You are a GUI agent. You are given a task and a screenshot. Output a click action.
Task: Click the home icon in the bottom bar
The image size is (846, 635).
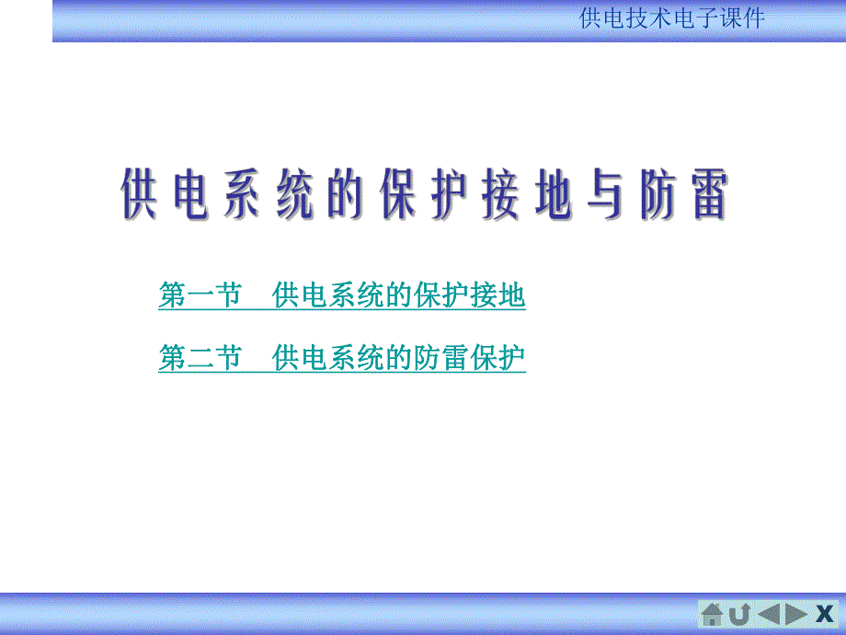[712, 612]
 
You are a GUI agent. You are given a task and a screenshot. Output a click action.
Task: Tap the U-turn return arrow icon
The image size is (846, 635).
[739, 612]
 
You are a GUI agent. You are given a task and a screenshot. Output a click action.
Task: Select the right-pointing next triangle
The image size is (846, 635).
[797, 612]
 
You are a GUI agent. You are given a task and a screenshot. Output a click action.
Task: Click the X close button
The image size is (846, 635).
[824, 612]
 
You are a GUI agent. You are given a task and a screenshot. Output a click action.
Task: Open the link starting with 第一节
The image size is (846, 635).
[342, 295]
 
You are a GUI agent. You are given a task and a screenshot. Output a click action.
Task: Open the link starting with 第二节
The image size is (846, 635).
[342, 358]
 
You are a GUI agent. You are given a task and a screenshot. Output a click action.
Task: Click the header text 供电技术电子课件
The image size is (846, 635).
[672, 18]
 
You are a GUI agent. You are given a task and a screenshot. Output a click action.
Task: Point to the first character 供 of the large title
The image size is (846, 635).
[143, 194]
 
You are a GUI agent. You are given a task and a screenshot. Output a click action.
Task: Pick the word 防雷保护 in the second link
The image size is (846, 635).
[479, 358]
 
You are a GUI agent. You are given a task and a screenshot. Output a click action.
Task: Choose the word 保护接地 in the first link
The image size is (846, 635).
[479, 295]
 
